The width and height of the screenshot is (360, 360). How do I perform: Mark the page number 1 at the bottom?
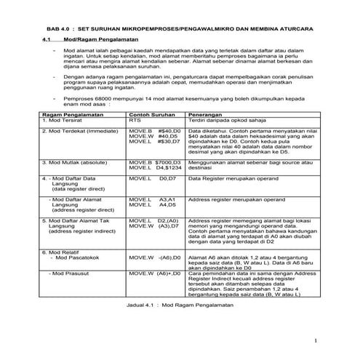point(316,341)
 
